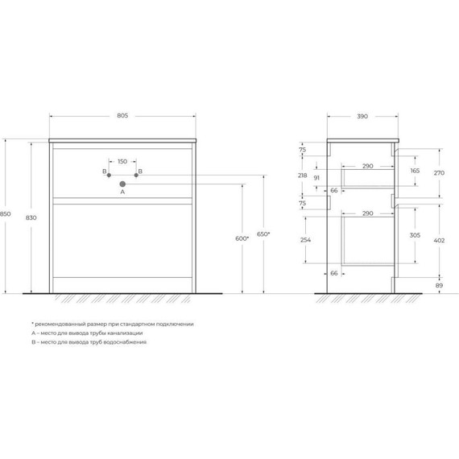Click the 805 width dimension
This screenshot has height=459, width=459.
[x=122, y=116]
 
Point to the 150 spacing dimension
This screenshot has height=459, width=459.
[x=122, y=162]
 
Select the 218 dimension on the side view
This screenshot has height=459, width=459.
[x=302, y=176]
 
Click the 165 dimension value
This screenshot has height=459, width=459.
[x=415, y=172]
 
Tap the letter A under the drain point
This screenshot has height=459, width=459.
[x=122, y=192]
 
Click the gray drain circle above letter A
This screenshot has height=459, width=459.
[x=122, y=183]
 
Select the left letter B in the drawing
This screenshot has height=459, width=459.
[x=105, y=172]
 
